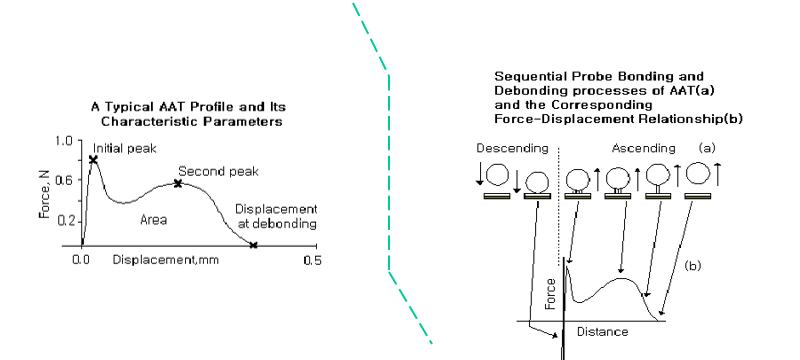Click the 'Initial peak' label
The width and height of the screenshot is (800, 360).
(124, 149)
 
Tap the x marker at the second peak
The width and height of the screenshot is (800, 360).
(178, 183)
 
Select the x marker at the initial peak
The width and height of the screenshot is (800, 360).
(93, 160)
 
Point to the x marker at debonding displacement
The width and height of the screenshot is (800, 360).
(254, 245)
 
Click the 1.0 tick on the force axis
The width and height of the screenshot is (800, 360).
(64, 141)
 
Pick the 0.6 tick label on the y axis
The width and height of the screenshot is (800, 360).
(64, 180)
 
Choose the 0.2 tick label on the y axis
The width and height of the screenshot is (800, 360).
(64, 221)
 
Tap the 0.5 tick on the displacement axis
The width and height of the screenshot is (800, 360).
(313, 260)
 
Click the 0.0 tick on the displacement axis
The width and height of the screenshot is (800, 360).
(82, 260)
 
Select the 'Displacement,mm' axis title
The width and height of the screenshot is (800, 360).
(166, 260)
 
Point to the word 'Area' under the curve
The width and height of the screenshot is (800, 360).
(154, 220)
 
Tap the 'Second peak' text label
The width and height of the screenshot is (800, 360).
(218, 172)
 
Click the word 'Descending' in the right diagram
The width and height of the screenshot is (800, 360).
(512, 148)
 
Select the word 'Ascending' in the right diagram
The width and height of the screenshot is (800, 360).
(643, 148)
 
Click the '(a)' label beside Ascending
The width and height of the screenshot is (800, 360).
(707, 148)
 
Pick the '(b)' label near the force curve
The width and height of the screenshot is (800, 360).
(693, 266)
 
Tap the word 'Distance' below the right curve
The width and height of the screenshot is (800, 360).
(603, 332)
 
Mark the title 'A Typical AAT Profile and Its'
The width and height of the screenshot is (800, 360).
(188, 107)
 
